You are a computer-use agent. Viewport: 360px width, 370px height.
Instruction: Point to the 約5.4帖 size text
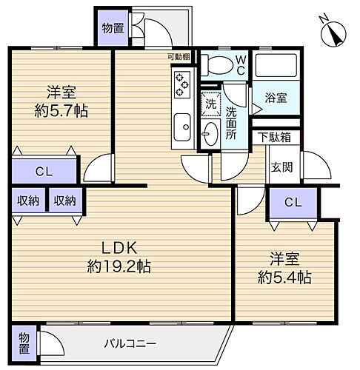pos(284,277)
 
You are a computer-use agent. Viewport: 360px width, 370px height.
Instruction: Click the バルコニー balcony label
pos(130,344)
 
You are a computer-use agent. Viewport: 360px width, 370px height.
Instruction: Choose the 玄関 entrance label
pos(281,167)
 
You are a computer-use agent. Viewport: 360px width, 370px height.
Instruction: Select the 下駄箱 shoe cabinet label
pos(274,138)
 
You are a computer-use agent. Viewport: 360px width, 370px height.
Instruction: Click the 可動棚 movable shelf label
pos(178,57)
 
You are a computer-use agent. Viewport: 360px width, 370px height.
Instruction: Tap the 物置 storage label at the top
pos(113,29)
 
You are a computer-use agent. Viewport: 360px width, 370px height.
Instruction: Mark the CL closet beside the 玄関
pos(293,201)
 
